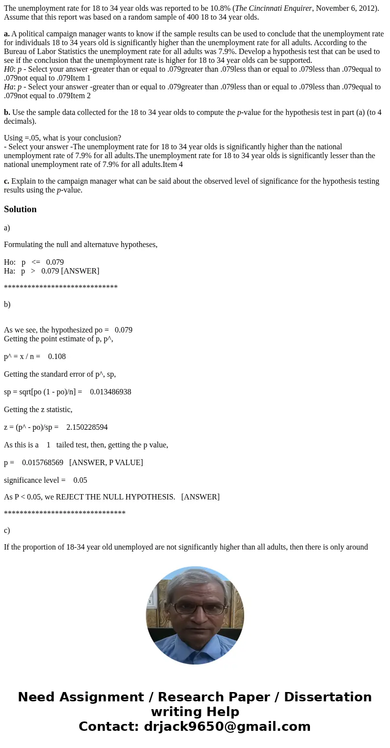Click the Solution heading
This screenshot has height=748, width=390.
click(x=20, y=209)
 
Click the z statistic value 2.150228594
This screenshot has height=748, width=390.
click(x=87, y=427)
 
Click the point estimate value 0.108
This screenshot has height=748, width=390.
click(x=57, y=357)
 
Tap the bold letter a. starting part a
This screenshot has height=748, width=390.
click(x=7, y=34)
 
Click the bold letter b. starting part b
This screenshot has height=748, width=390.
click(x=7, y=112)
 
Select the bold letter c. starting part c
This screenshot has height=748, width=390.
click(x=6, y=181)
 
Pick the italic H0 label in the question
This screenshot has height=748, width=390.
click(x=9, y=69)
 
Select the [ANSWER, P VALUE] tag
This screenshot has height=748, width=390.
click(x=106, y=463)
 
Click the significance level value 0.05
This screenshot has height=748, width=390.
click(x=80, y=480)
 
